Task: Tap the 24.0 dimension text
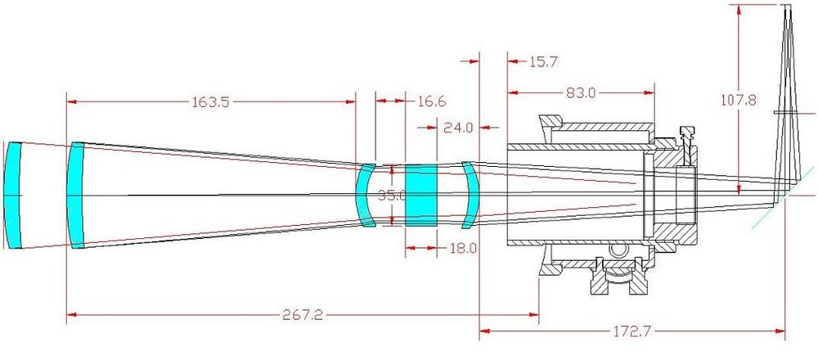[458, 128]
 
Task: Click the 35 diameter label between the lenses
[391, 196]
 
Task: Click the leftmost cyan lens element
[11, 195]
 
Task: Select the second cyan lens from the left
[76, 195]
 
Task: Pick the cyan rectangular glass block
[422, 195]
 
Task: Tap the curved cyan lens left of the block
[366, 195]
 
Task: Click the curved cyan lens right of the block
[469, 195]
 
